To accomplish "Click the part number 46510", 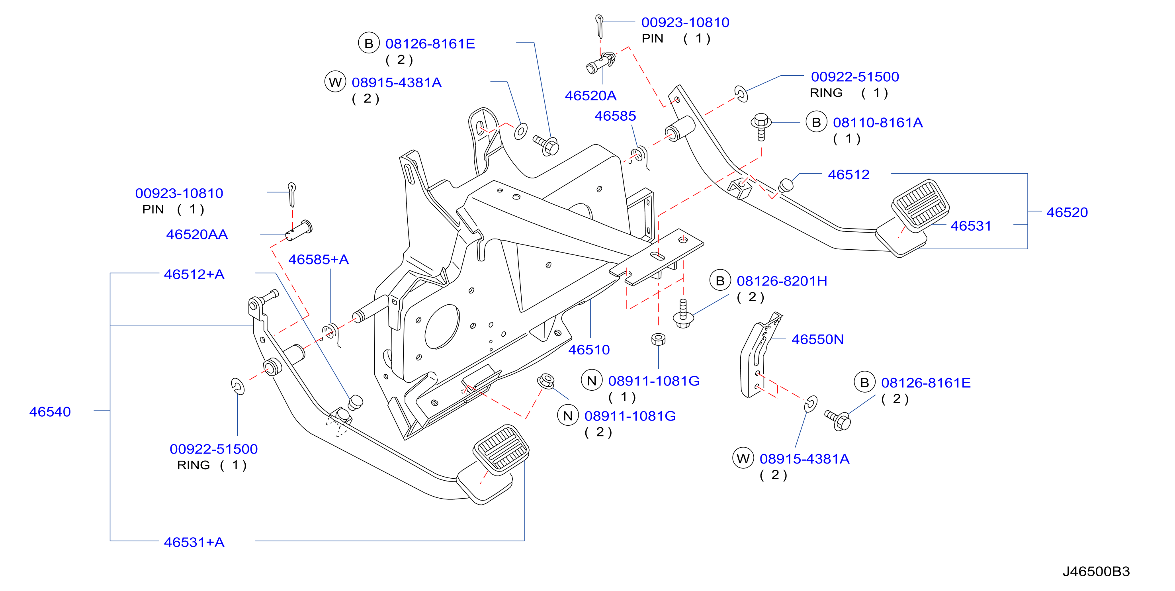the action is [588, 350].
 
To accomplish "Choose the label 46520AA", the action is [197, 234].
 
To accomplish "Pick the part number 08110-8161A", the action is [878, 122].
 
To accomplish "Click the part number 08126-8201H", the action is [782, 281].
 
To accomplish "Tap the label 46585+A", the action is [319, 259].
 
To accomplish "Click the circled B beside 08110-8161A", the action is [816, 122].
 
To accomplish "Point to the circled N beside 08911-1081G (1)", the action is [592, 381].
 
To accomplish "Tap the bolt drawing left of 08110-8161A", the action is [761, 127].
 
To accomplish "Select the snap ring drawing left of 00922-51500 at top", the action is [741, 94].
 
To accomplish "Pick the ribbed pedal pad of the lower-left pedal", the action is [501, 447].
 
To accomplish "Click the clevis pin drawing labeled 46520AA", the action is [299, 231].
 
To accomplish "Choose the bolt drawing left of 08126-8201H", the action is [683, 313].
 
